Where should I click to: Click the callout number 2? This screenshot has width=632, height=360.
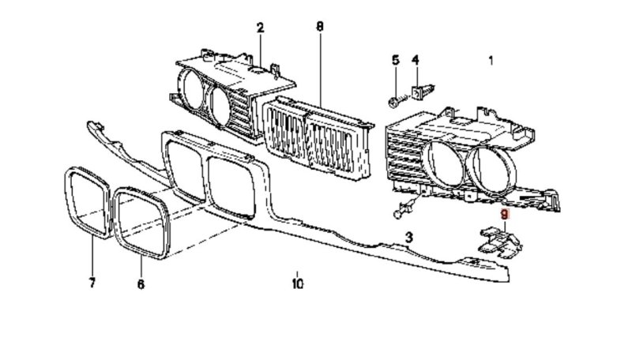click(x=260, y=28)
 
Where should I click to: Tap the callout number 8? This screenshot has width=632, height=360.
click(x=320, y=27)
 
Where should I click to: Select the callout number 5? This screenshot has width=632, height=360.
click(x=396, y=61)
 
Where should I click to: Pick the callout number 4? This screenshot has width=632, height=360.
click(x=416, y=61)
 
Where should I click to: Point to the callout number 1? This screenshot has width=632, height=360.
click(x=491, y=61)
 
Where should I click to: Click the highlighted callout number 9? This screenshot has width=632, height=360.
click(x=505, y=214)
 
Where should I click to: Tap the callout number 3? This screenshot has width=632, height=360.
click(x=408, y=237)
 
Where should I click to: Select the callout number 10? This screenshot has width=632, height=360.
click(x=298, y=283)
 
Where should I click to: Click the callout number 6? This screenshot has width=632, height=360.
click(x=141, y=284)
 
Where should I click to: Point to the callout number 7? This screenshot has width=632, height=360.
click(x=92, y=283)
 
